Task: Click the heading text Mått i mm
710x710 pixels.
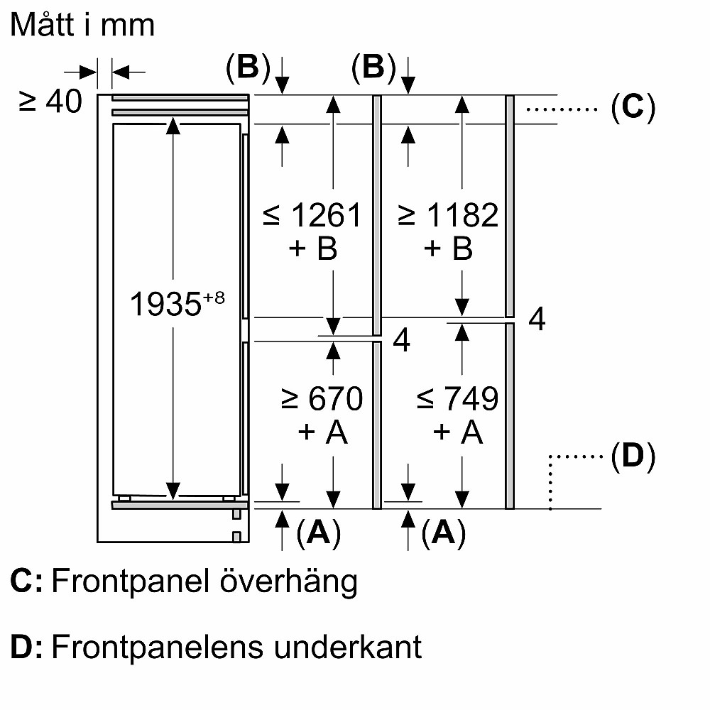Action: pyautogui.click(x=83, y=26)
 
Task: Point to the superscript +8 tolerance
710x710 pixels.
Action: pyautogui.click(x=212, y=298)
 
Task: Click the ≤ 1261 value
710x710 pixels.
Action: pyautogui.click(x=312, y=215)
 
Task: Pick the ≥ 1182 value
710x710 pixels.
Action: pyautogui.click(x=448, y=215)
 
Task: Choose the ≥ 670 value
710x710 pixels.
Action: pyautogui.click(x=322, y=399)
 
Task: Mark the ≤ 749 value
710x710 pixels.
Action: pyautogui.click(x=457, y=399)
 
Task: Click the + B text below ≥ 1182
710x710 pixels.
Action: pyautogui.click(x=448, y=249)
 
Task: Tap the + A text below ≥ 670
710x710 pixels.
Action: pyautogui.click(x=323, y=432)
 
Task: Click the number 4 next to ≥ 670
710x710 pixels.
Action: pyautogui.click(x=401, y=342)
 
